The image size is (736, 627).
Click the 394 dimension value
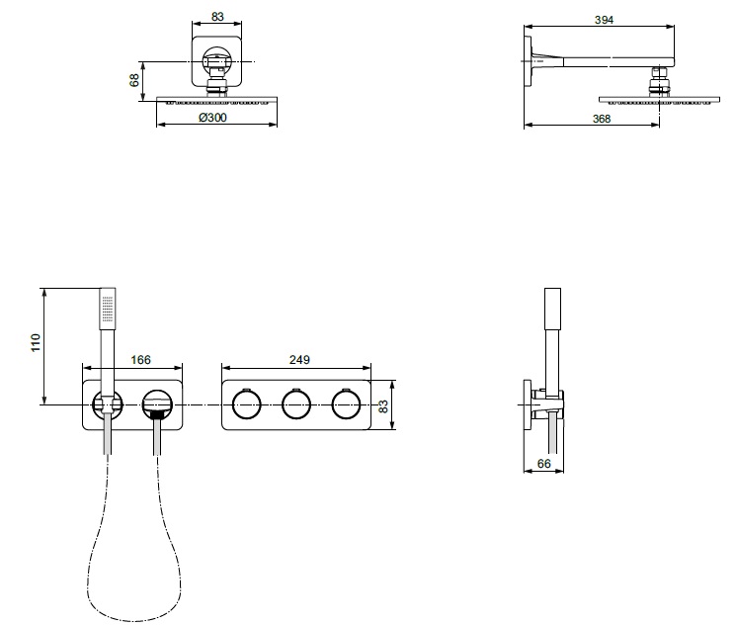pos(604,20)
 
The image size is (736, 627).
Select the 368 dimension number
pos(602,119)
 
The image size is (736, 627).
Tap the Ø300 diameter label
pos(212,118)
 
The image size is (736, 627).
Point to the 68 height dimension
pos(134,80)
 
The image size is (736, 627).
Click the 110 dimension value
pos(36,342)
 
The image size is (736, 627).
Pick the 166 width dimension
pos(141,360)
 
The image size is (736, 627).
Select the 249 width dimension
pos(299,360)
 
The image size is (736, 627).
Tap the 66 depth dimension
pos(543,464)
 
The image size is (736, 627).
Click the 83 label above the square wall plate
pos(217,17)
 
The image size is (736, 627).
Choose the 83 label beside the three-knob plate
pos(383,406)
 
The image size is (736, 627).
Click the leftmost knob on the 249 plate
pos(246,404)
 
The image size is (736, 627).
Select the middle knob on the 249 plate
pos(296,404)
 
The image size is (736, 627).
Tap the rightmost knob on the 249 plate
pos(346,404)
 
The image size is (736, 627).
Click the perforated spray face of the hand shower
pos(109,309)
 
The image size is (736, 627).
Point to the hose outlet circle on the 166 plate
pos(158,404)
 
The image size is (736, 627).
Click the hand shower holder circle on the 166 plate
pos(108,404)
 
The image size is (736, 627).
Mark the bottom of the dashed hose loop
pos(134,621)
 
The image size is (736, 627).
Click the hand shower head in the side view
pos(552,309)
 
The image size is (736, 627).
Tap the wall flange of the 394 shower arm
pos(528,60)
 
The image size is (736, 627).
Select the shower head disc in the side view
pos(660,100)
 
